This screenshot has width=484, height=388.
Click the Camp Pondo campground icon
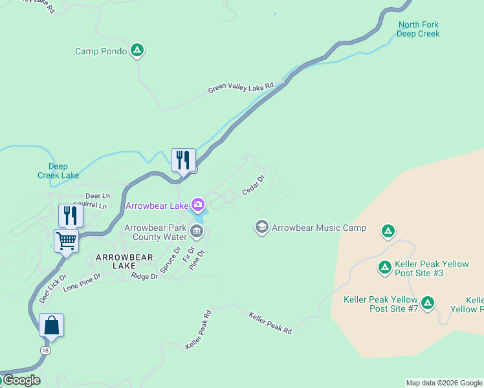pyautogui.click(x=137, y=50)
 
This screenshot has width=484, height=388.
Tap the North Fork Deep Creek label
pyautogui.click(x=418, y=29)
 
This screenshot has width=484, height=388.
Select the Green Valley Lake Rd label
pyautogui.click(x=241, y=88)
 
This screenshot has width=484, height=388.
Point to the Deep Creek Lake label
pyautogui.click(x=58, y=171)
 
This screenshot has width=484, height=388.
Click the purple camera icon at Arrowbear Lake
pyautogui.click(x=198, y=206)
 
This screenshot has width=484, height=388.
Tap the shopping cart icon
pyautogui.click(x=66, y=241)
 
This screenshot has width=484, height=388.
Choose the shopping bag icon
pyautogui.click(x=52, y=325)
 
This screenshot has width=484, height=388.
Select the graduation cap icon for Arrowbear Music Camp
pyautogui.click(x=262, y=227)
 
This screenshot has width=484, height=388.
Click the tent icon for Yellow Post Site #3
pyautogui.click(x=384, y=266)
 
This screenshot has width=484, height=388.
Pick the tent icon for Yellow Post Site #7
pyautogui.click(x=427, y=302)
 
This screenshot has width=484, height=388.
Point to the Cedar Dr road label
pyautogui.click(x=254, y=184)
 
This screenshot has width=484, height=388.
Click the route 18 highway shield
pyautogui.click(x=45, y=350)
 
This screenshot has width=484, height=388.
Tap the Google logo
pyautogui.click(x=21, y=380)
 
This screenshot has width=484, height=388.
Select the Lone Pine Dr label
pyautogui.click(x=82, y=283)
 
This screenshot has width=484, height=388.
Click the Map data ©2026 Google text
pyautogui.click(x=444, y=383)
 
